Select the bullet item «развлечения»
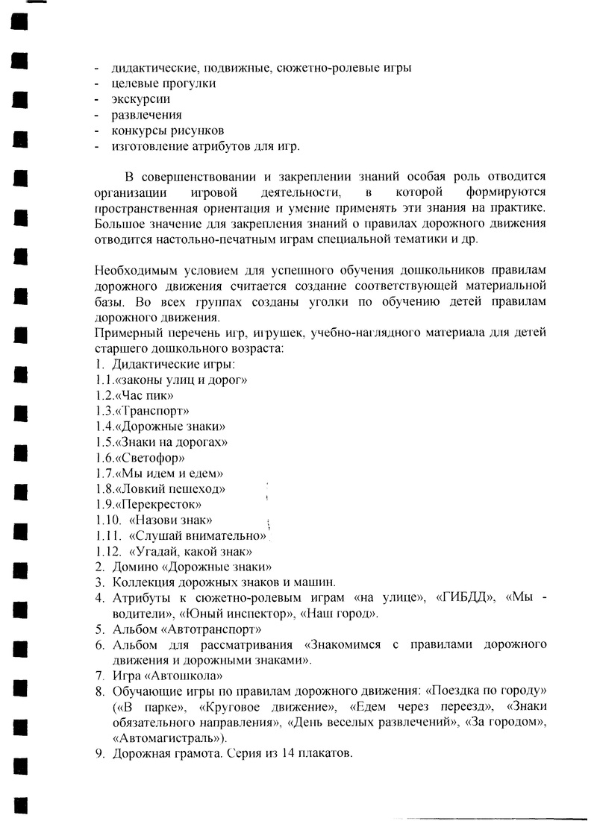(x=146, y=115)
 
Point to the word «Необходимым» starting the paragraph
(x=133, y=270)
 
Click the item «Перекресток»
(x=163, y=505)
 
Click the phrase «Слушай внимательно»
(x=198, y=536)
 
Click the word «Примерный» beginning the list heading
(x=125, y=333)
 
